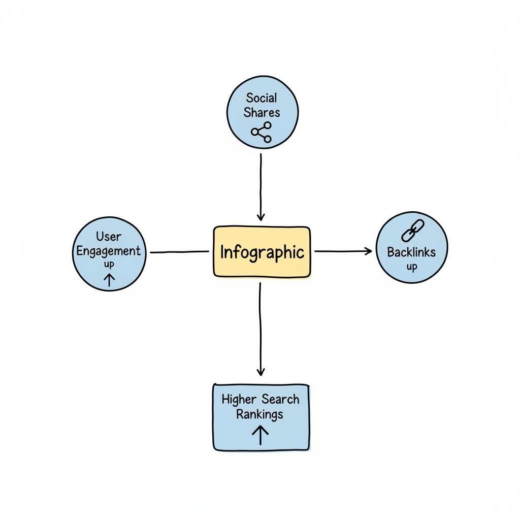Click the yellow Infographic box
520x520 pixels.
point(262,252)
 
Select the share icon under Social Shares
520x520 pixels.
point(262,132)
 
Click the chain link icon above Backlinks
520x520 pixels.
point(412,231)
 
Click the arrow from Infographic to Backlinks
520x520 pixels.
point(343,251)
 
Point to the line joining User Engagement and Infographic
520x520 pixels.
point(179,252)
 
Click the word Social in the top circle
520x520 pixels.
point(262,97)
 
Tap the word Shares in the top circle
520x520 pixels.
point(262,112)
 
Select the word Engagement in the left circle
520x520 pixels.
point(109,251)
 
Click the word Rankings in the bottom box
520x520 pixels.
point(259,414)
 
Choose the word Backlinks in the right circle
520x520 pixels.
point(411,251)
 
